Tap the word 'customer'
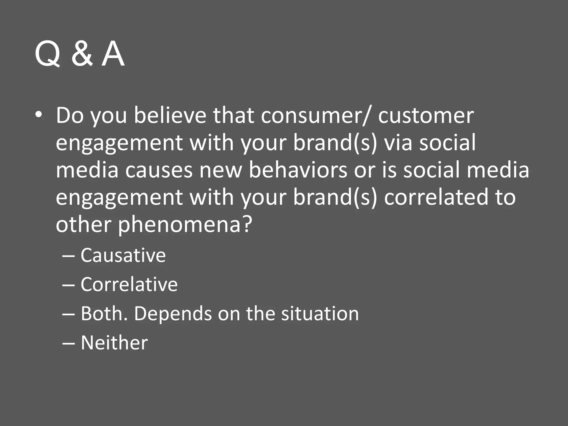(426, 115)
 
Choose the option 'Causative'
(123, 255)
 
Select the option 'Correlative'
(129, 284)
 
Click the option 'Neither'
(114, 343)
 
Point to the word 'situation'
(320, 314)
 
